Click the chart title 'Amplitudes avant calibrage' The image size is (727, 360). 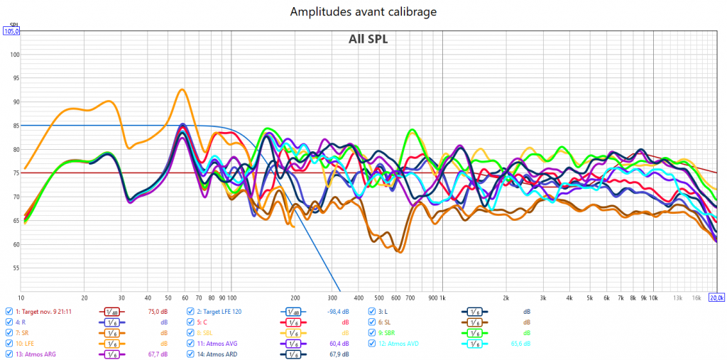pos(363,11)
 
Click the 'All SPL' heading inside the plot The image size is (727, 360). pos(368,39)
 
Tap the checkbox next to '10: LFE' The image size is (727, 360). pos(9,343)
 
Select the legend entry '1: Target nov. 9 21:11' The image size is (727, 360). pos(46,311)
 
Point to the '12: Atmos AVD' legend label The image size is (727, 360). pos(403,343)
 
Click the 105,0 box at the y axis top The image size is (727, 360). pos(12,31)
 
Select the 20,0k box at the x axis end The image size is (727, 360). pos(716,298)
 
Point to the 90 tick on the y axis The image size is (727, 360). pos(14,102)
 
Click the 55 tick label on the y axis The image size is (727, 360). pos(14,268)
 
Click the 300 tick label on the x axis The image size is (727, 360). pos(332,298)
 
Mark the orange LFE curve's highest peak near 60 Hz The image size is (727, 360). pos(182,89)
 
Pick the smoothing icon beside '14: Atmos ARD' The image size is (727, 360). pos(291,354)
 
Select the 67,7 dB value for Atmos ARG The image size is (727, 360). pos(158,354)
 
